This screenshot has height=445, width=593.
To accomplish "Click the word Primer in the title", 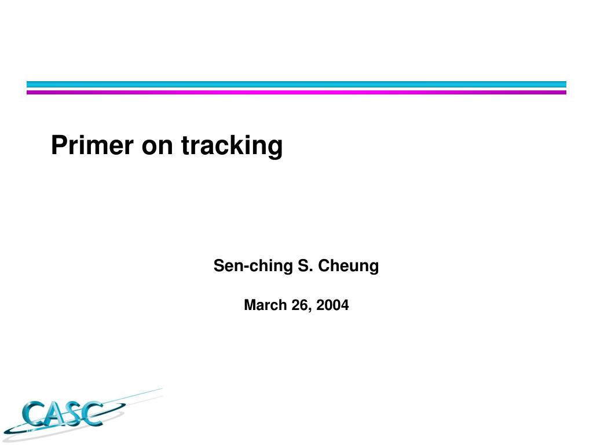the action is click(x=92, y=145).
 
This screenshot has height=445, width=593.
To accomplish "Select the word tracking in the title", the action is click(x=232, y=146).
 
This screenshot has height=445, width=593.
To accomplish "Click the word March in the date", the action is click(x=265, y=305).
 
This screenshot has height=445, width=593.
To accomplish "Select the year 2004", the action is click(x=332, y=305).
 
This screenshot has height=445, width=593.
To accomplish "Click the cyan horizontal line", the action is click(x=296, y=85).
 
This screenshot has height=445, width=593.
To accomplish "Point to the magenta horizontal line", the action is click(x=296, y=92).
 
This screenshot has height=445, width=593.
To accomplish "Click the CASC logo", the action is click(x=83, y=414).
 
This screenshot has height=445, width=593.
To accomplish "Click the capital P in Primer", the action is click(x=60, y=145).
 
